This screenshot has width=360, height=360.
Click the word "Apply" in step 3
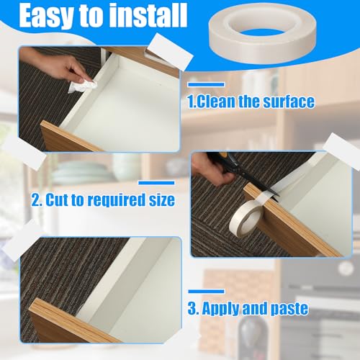230,309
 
